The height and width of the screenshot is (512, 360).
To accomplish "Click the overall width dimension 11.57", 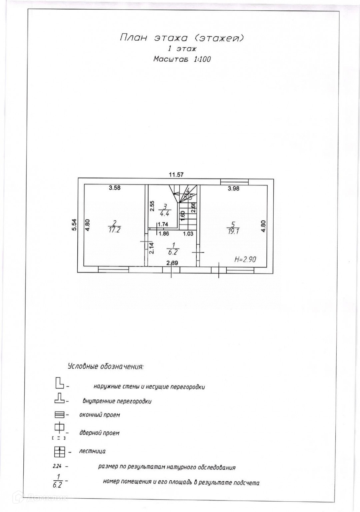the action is click(x=176, y=174).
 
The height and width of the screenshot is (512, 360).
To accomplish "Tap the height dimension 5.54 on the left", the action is click(x=75, y=224).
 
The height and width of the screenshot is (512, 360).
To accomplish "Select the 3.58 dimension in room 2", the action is click(x=115, y=188).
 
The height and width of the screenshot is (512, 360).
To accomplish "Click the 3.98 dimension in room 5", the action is click(x=233, y=188).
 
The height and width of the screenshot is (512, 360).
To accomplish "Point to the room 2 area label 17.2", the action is click(x=114, y=230).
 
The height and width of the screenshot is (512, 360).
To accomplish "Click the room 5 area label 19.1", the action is click(x=233, y=231).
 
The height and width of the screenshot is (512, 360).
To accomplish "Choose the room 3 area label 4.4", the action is click(x=165, y=214).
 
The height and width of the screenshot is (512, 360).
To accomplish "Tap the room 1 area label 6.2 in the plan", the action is click(x=173, y=252).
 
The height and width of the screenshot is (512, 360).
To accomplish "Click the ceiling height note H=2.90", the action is click(x=245, y=259).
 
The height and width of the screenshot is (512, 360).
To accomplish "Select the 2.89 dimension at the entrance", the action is click(x=172, y=263).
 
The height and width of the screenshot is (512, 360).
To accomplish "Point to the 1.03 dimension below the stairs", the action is click(x=188, y=234).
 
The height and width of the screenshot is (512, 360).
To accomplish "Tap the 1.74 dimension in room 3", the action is click(x=163, y=224).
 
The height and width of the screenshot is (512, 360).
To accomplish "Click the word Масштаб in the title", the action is click(x=171, y=59).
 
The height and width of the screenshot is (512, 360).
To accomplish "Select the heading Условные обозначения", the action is click(x=105, y=367).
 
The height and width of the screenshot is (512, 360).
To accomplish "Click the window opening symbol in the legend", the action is click(x=59, y=415).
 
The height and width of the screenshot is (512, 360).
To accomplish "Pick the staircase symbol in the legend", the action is click(x=59, y=452).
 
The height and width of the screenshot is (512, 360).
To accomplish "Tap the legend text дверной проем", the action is click(x=99, y=433).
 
